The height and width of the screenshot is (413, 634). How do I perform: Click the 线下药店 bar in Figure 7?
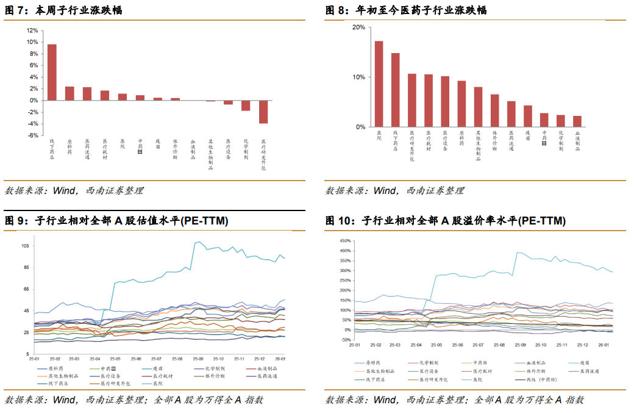pos(52,72)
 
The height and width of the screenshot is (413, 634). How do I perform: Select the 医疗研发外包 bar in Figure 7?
pos(263,112)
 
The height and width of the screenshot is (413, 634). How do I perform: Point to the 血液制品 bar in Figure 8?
pos(577,121)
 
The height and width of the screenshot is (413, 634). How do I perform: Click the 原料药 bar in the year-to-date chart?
pos(461,104)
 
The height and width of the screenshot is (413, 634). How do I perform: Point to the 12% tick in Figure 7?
pos(32,31)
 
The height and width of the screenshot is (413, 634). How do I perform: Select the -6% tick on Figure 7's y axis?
pos(32,135)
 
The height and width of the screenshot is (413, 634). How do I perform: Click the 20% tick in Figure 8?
pos(358,27)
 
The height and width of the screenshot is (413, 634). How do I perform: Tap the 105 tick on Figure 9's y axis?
pos(25,246)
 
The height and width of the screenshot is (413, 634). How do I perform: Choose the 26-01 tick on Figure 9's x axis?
pos(280,359)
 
